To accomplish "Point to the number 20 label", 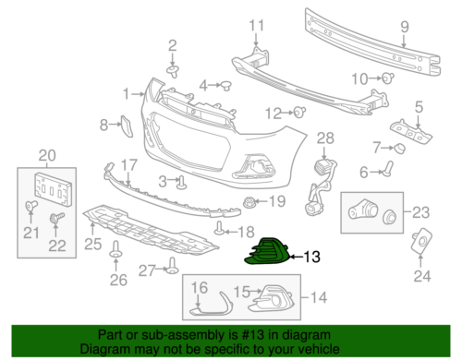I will tap(45, 154).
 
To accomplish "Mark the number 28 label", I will tap(324, 138).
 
